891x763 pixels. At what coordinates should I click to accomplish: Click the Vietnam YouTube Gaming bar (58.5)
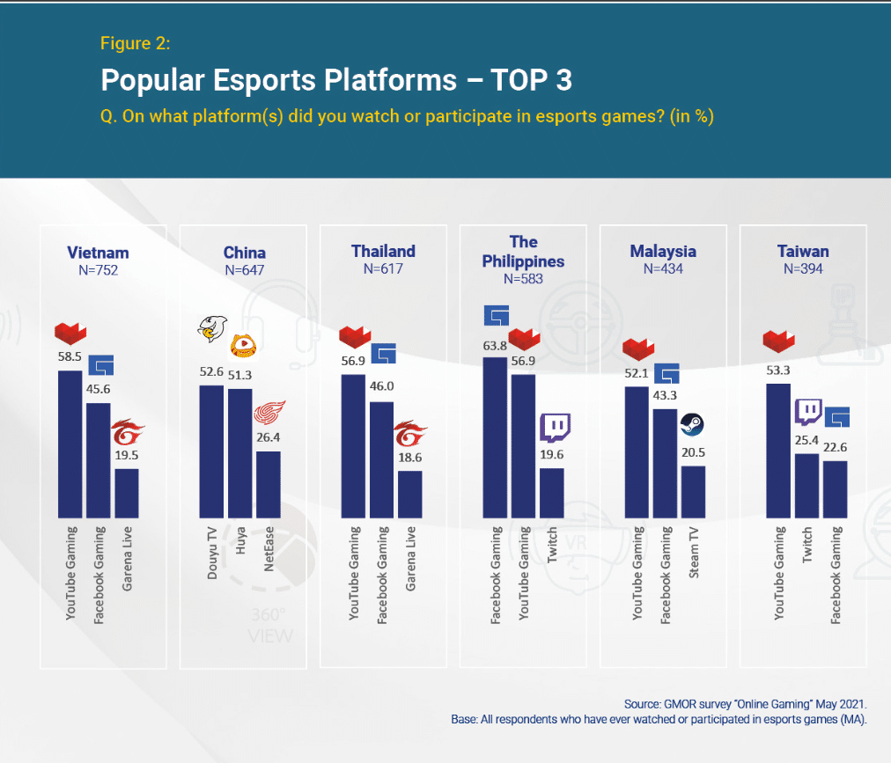(x=70, y=444)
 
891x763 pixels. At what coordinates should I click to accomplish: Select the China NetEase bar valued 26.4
(x=268, y=484)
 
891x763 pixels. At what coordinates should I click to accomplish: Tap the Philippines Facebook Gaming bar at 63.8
(x=495, y=437)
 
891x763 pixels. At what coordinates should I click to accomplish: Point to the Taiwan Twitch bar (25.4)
(x=806, y=485)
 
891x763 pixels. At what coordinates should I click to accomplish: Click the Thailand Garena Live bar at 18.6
(x=409, y=494)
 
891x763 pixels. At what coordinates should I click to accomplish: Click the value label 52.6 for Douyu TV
(x=211, y=371)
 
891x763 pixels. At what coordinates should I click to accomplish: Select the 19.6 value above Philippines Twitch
(x=552, y=455)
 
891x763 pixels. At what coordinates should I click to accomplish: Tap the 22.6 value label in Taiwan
(x=834, y=447)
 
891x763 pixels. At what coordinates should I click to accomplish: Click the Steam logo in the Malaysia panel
(x=693, y=426)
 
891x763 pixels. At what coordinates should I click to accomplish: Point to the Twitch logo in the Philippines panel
(x=554, y=428)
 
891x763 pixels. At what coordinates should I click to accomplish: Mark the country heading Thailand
(x=383, y=251)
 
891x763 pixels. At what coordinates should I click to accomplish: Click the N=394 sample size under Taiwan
(x=803, y=268)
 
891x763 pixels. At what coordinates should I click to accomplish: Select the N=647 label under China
(x=244, y=270)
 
